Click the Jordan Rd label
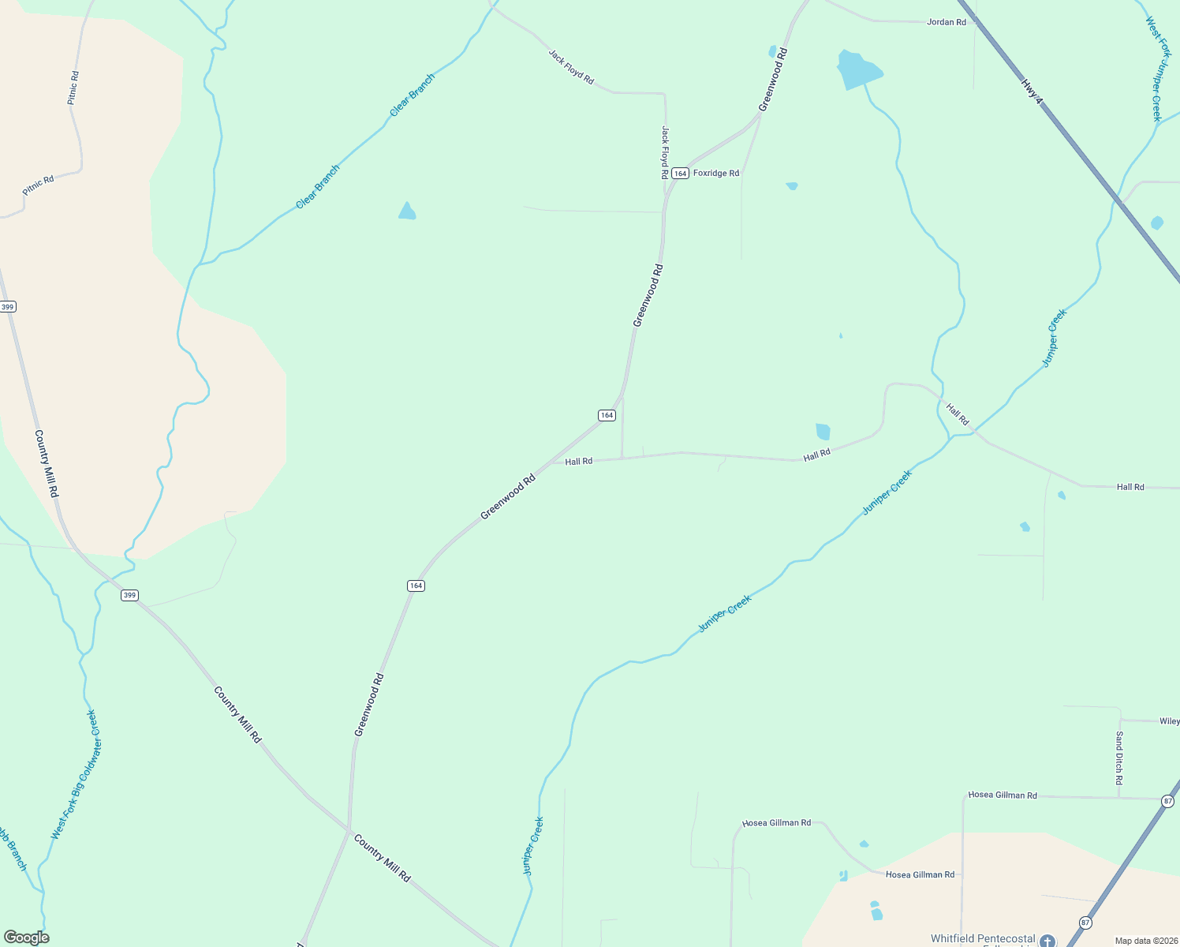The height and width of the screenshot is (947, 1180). pyautogui.click(x=946, y=22)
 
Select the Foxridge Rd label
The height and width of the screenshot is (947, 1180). pyautogui.click(x=716, y=174)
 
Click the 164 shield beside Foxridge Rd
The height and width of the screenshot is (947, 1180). pyautogui.click(x=680, y=174)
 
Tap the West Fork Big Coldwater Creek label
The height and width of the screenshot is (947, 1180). pyautogui.click(x=74, y=774)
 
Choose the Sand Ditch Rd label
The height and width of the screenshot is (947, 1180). pyautogui.click(x=1119, y=758)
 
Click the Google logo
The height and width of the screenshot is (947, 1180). pyautogui.click(x=26, y=938)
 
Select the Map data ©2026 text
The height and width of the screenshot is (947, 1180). pyautogui.click(x=1145, y=941)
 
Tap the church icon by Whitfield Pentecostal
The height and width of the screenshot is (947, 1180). pyautogui.click(x=1047, y=941)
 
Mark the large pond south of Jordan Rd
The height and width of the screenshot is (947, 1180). pyautogui.click(x=857, y=70)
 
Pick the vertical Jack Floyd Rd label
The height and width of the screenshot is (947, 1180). pyautogui.click(x=665, y=152)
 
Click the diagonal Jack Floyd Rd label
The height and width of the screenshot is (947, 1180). pyautogui.click(x=571, y=67)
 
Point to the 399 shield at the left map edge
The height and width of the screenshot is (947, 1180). pyautogui.click(x=7, y=306)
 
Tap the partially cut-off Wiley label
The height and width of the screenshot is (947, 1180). pyautogui.click(x=1169, y=721)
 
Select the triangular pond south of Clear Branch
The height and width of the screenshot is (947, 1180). pyautogui.click(x=407, y=211)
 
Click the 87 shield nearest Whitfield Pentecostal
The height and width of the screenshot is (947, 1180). pyautogui.click(x=1086, y=923)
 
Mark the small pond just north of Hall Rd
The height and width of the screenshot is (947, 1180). pyautogui.click(x=823, y=431)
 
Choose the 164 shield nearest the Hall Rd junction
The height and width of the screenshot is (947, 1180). pyautogui.click(x=606, y=415)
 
